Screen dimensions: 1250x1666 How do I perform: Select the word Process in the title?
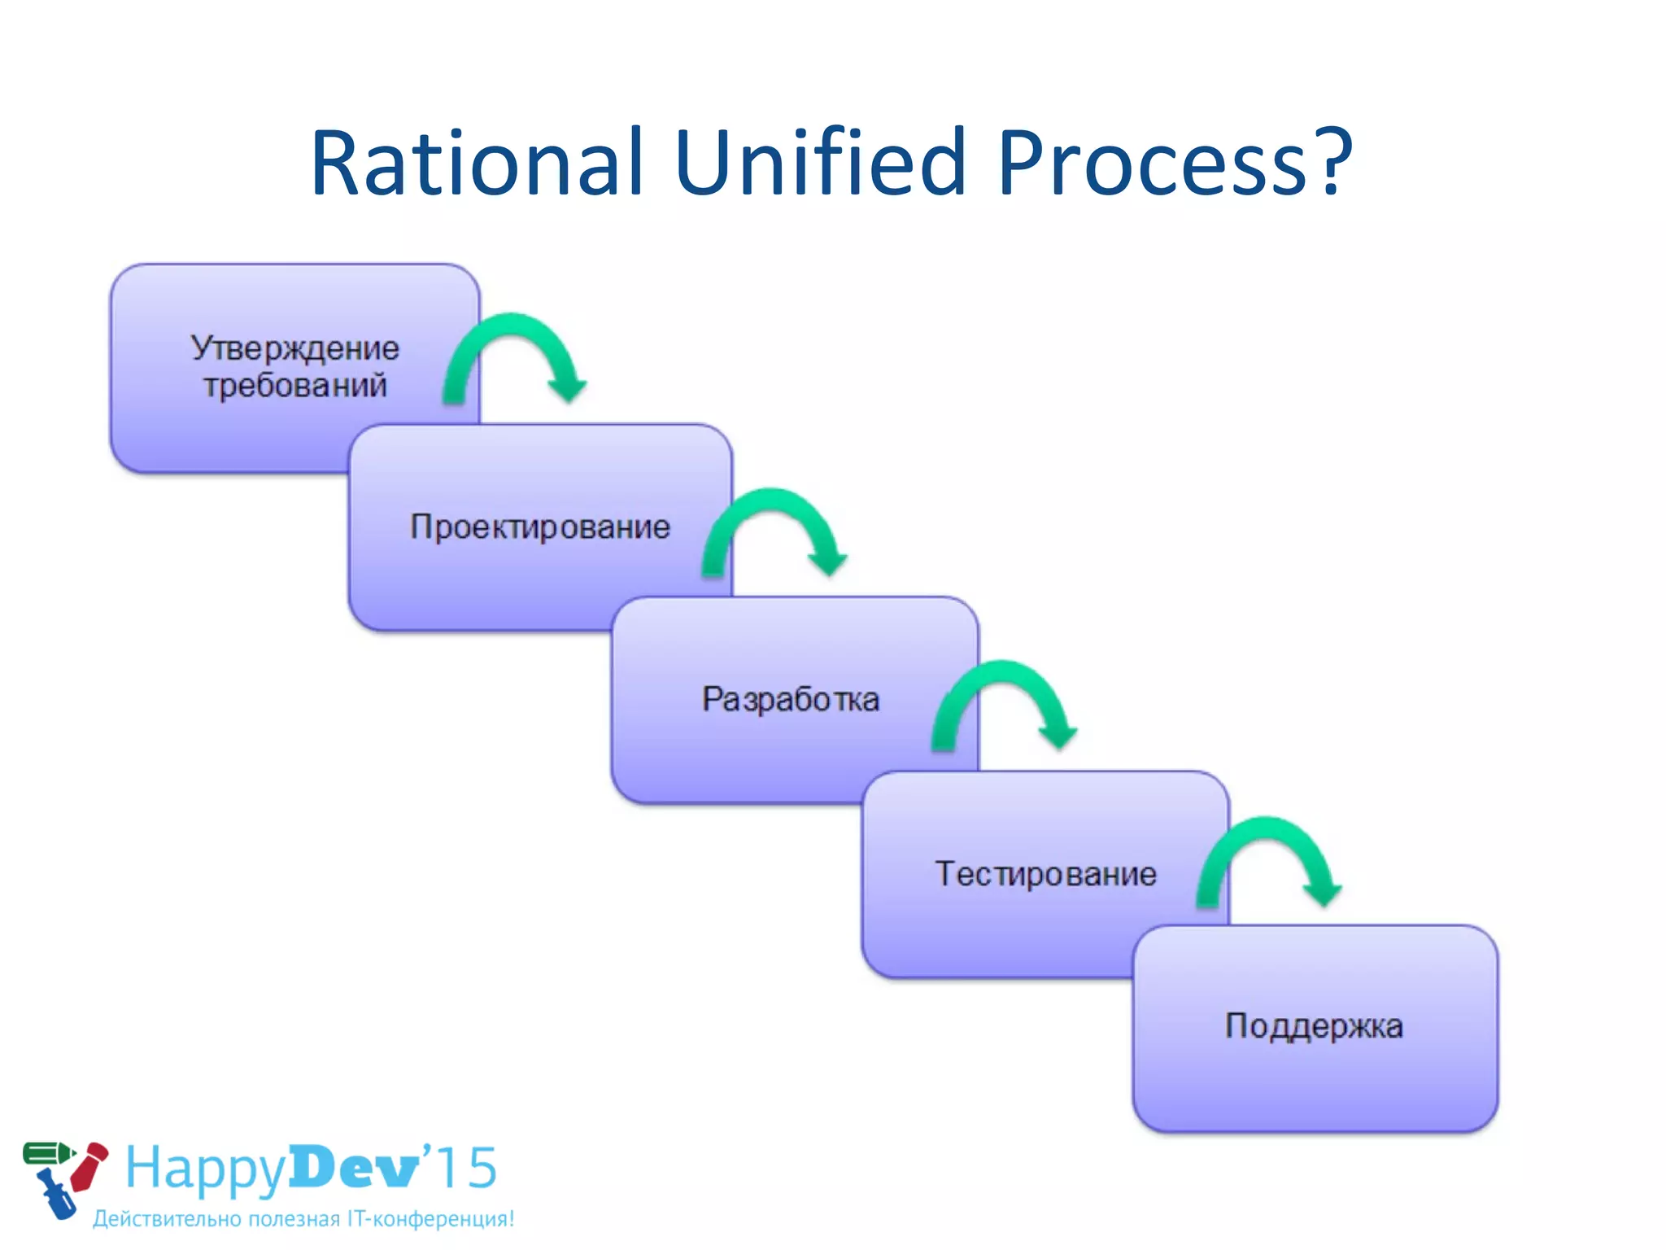[1155, 164]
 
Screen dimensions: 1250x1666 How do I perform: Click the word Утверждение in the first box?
[295, 349]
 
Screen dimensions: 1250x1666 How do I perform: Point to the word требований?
[295, 385]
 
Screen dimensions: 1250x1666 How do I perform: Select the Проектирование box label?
[540, 527]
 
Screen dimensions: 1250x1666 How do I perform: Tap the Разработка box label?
[791, 700]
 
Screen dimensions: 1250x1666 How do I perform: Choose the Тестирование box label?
[1046, 874]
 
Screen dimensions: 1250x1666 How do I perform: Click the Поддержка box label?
[1314, 1026]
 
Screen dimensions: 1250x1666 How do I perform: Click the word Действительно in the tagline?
[168, 1219]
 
